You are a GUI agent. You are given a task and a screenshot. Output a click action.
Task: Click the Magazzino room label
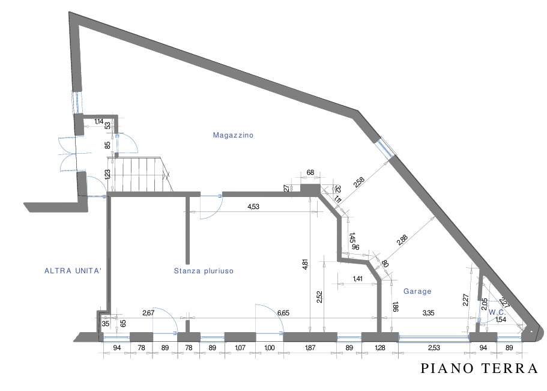pos(233,136)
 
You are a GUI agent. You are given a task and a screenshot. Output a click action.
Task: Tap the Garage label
pos(417,291)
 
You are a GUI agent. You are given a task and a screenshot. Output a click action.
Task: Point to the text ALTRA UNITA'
pos(73,271)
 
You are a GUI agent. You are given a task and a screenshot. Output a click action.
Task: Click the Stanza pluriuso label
pos(203,271)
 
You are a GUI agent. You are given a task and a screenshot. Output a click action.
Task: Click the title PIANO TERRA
pos(479,368)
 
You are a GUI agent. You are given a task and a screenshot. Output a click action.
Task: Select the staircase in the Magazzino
pos(139,174)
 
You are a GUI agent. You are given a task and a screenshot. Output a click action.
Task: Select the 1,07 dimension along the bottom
pos(240,348)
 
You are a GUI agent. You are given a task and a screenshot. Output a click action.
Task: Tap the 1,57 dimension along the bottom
pos(310,348)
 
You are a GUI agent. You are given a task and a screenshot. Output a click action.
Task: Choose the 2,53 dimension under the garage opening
pos(434,348)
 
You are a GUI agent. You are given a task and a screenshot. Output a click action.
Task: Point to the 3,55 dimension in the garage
pos(428,312)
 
